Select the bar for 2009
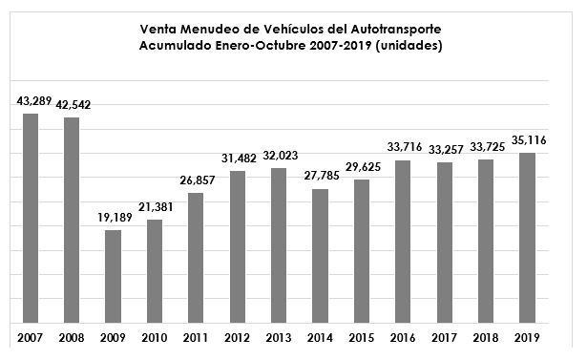(x=113, y=276)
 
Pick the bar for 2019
(x=528, y=238)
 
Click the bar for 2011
(x=196, y=258)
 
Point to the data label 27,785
(x=321, y=177)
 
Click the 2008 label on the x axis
(x=72, y=338)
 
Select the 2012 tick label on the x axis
(x=238, y=338)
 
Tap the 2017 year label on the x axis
(x=445, y=338)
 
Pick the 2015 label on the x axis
(x=362, y=338)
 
